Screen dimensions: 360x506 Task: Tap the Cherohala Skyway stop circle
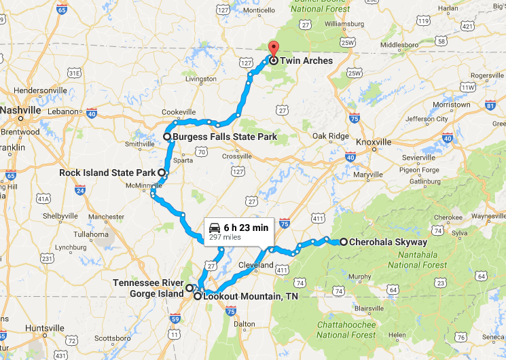tap(344, 242)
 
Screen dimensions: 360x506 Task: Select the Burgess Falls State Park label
tap(224, 137)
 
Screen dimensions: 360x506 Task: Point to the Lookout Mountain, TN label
tap(251, 296)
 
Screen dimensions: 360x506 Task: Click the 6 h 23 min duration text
tap(246, 228)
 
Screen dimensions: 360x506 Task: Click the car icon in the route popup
tap(214, 228)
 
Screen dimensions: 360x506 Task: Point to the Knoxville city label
tap(374, 142)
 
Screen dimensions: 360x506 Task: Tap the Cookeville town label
tap(179, 112)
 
